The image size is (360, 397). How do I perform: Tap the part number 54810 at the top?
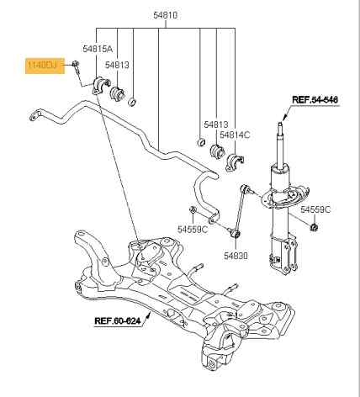point(166,15)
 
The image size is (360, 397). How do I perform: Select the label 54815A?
point(98,49)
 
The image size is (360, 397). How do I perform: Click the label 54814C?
point(235,135)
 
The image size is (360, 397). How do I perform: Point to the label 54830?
point(236,256)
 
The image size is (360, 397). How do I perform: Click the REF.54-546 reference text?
point(315,100)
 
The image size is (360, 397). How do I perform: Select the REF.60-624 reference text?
point(118,320)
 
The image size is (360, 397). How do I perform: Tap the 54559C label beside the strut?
point(315,209)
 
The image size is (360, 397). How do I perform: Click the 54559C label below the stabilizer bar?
point(193,229)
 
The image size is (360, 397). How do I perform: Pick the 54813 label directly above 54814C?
point(216,124)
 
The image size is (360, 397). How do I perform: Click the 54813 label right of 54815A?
point(117,65)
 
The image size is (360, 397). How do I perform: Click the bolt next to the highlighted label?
point(77,67)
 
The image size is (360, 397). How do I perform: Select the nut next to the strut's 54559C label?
point(314,227)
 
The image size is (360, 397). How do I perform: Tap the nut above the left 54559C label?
point(193,209)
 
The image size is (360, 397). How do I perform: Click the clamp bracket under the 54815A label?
point(100,85)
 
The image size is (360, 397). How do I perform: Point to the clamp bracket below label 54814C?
point(234,162)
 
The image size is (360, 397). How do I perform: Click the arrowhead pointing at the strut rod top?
point(284,118)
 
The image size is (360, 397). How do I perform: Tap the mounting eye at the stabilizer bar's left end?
point(34,116)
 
